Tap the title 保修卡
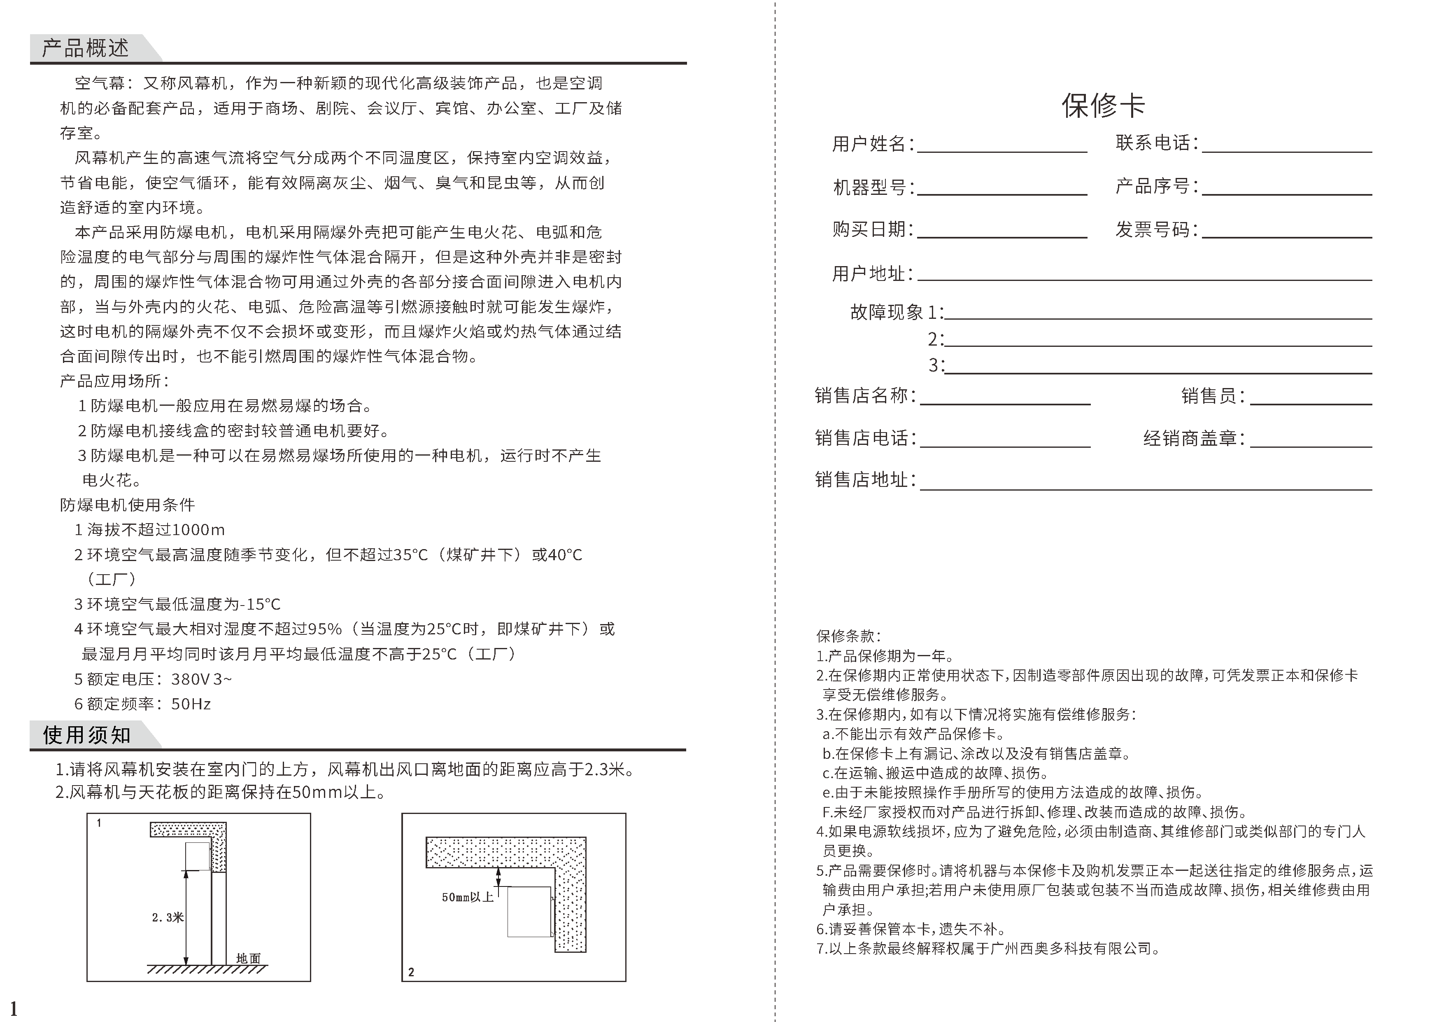[x=1103, y=105]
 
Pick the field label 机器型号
[x=869, y=187]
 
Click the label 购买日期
[x=869, y=229]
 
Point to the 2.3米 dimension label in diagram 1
[x=167, y=917]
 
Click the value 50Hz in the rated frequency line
[x=191, y=704]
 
